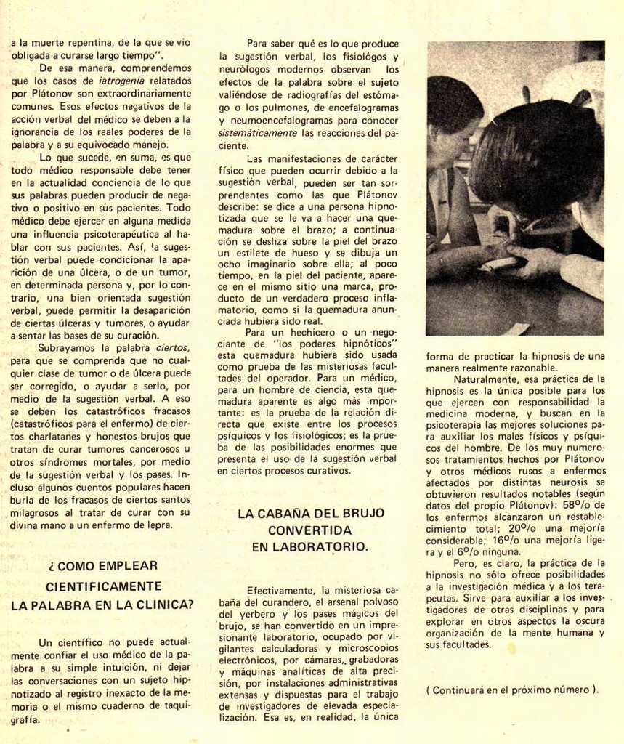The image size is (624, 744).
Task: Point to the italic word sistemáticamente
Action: tap(258, 133)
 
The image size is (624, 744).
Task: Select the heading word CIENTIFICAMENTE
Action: tap(103, 586)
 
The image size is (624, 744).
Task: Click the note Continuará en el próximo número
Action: tap(512, 690)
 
